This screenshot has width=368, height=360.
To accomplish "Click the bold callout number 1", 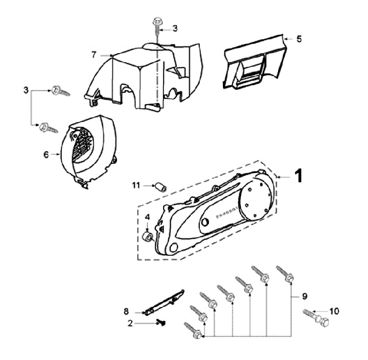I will click(x=300, y=176).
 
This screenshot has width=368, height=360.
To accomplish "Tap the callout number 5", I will click(x=300, y=38).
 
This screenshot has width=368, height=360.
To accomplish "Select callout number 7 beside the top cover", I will click(x=94, y=55).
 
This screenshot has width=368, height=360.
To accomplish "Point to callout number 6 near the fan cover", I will click(x=46, y=153).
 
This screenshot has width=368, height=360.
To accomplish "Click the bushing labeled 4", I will click(x=148, y=236).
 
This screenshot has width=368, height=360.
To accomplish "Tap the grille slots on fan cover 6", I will click(x=82, y=145).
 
